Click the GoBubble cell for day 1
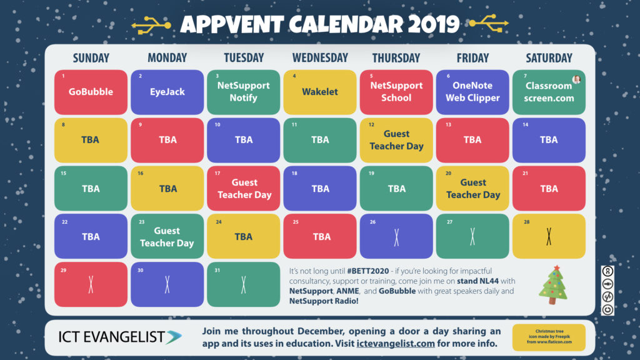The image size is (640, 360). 91,92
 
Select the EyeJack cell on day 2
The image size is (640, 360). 167,92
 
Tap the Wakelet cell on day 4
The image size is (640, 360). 319,92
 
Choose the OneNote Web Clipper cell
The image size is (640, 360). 472,92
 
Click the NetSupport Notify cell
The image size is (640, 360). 243,92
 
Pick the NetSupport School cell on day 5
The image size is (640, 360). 396,92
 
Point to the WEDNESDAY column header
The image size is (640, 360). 320,58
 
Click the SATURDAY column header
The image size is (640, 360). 549,58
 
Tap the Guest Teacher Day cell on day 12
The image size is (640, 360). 396,140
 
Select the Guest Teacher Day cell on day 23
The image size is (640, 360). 167,236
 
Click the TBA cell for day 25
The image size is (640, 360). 319,236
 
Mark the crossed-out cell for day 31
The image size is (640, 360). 243,284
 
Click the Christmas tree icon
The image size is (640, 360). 554,285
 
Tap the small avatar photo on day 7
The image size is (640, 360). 576,79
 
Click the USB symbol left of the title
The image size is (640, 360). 151,25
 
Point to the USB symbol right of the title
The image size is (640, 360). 489,23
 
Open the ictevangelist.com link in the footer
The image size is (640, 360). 396,343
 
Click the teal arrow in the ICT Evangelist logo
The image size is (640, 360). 174,337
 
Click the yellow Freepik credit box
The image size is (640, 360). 549,337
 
